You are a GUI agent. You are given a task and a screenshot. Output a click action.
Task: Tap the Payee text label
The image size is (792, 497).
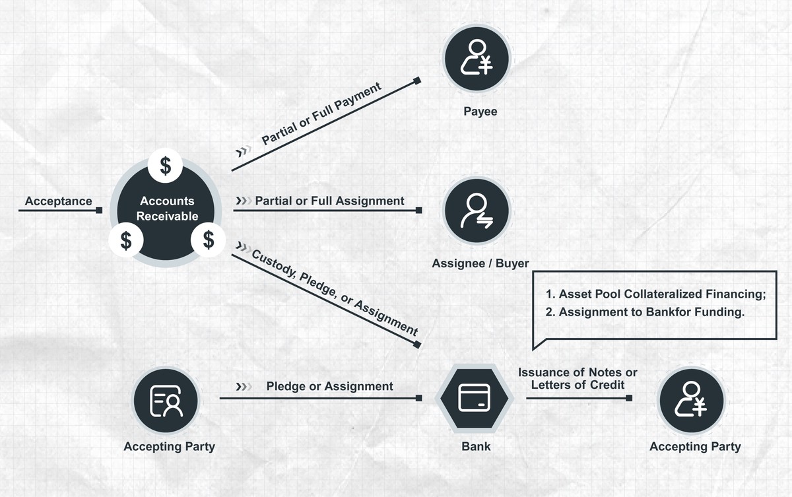(480, 112)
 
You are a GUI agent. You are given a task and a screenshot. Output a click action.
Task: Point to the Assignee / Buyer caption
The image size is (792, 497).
(480, 263)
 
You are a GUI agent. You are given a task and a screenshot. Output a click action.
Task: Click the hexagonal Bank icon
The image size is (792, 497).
(474, 397)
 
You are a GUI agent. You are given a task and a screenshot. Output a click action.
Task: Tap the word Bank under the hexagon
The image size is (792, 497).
(476, 446)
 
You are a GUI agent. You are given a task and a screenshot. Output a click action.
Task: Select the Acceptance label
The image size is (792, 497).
(58, 201)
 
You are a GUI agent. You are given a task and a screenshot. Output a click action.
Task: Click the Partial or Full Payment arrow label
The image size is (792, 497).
(322, 114)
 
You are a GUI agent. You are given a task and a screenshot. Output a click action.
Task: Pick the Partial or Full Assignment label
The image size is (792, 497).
(329, 200)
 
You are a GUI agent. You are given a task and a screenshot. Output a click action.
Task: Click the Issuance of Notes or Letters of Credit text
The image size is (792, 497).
(577, 379)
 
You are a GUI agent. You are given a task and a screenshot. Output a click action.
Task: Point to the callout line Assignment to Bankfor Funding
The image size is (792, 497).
(645, 312)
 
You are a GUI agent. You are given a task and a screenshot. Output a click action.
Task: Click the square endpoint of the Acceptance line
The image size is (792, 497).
(99, 211)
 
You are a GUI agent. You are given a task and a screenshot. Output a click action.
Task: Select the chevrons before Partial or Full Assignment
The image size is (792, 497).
(244, 200)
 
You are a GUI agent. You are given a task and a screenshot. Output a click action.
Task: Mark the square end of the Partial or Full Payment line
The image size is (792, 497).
(417, 81)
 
